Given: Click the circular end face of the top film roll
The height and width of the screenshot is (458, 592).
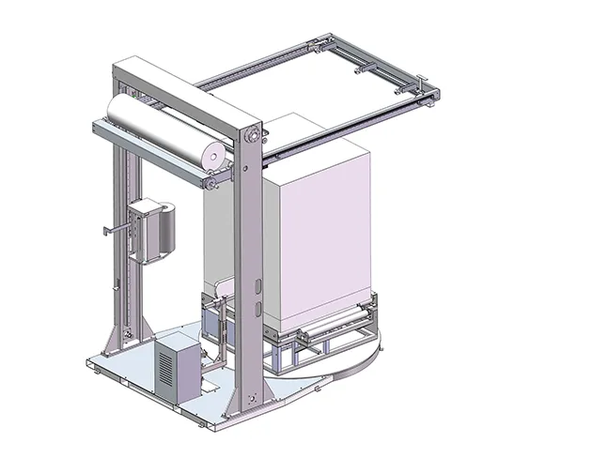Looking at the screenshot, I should tap(214, 152).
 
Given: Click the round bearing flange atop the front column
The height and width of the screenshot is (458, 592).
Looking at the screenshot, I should tap(251, 138).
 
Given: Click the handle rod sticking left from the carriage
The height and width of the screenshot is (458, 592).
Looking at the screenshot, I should tap(115, 230).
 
